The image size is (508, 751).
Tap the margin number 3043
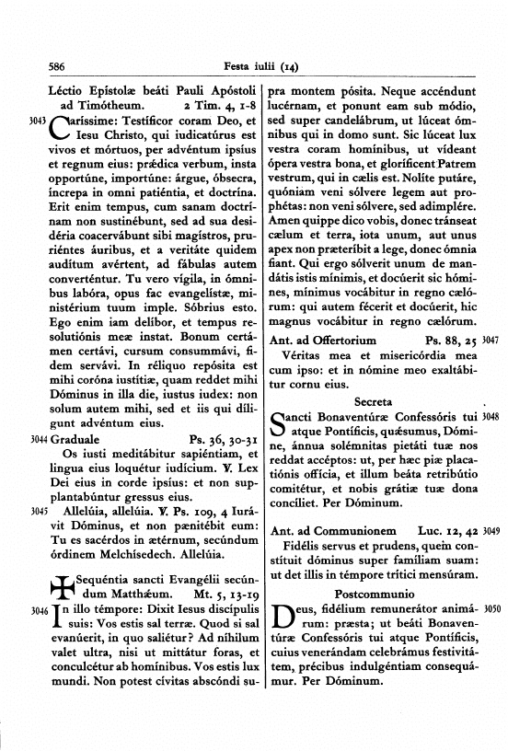[x=38, y=121]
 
